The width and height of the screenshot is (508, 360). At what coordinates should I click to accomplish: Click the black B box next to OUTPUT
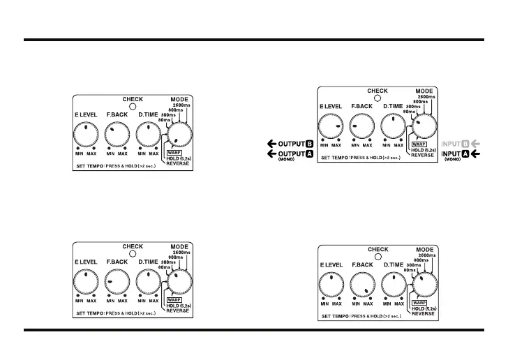click(308, 144)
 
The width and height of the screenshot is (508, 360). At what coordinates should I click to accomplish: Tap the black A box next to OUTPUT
click(308, 153)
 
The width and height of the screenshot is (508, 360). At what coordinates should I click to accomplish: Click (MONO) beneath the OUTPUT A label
click(287, 160)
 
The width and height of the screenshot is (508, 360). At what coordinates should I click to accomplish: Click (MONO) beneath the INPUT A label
click(454, 160)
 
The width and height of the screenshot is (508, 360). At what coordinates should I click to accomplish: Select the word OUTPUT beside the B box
click(290, 144)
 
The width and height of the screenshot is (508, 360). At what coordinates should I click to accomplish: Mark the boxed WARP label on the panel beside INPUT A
click(419, 144)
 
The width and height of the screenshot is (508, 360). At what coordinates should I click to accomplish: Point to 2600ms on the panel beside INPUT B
click(426, 96)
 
